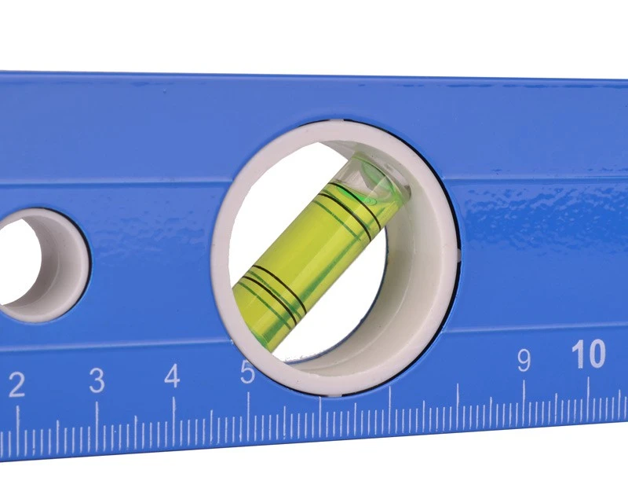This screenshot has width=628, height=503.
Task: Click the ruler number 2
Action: click(16, 385)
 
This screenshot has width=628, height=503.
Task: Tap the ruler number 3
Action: click(97, 380)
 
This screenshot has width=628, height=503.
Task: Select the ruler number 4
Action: click(172, 376)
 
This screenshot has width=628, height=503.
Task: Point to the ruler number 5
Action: click(247, 373)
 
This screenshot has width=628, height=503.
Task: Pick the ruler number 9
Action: click(524, 360)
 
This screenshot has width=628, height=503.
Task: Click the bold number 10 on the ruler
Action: click(588, 354)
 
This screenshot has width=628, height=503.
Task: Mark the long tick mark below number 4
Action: click(173, 415)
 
